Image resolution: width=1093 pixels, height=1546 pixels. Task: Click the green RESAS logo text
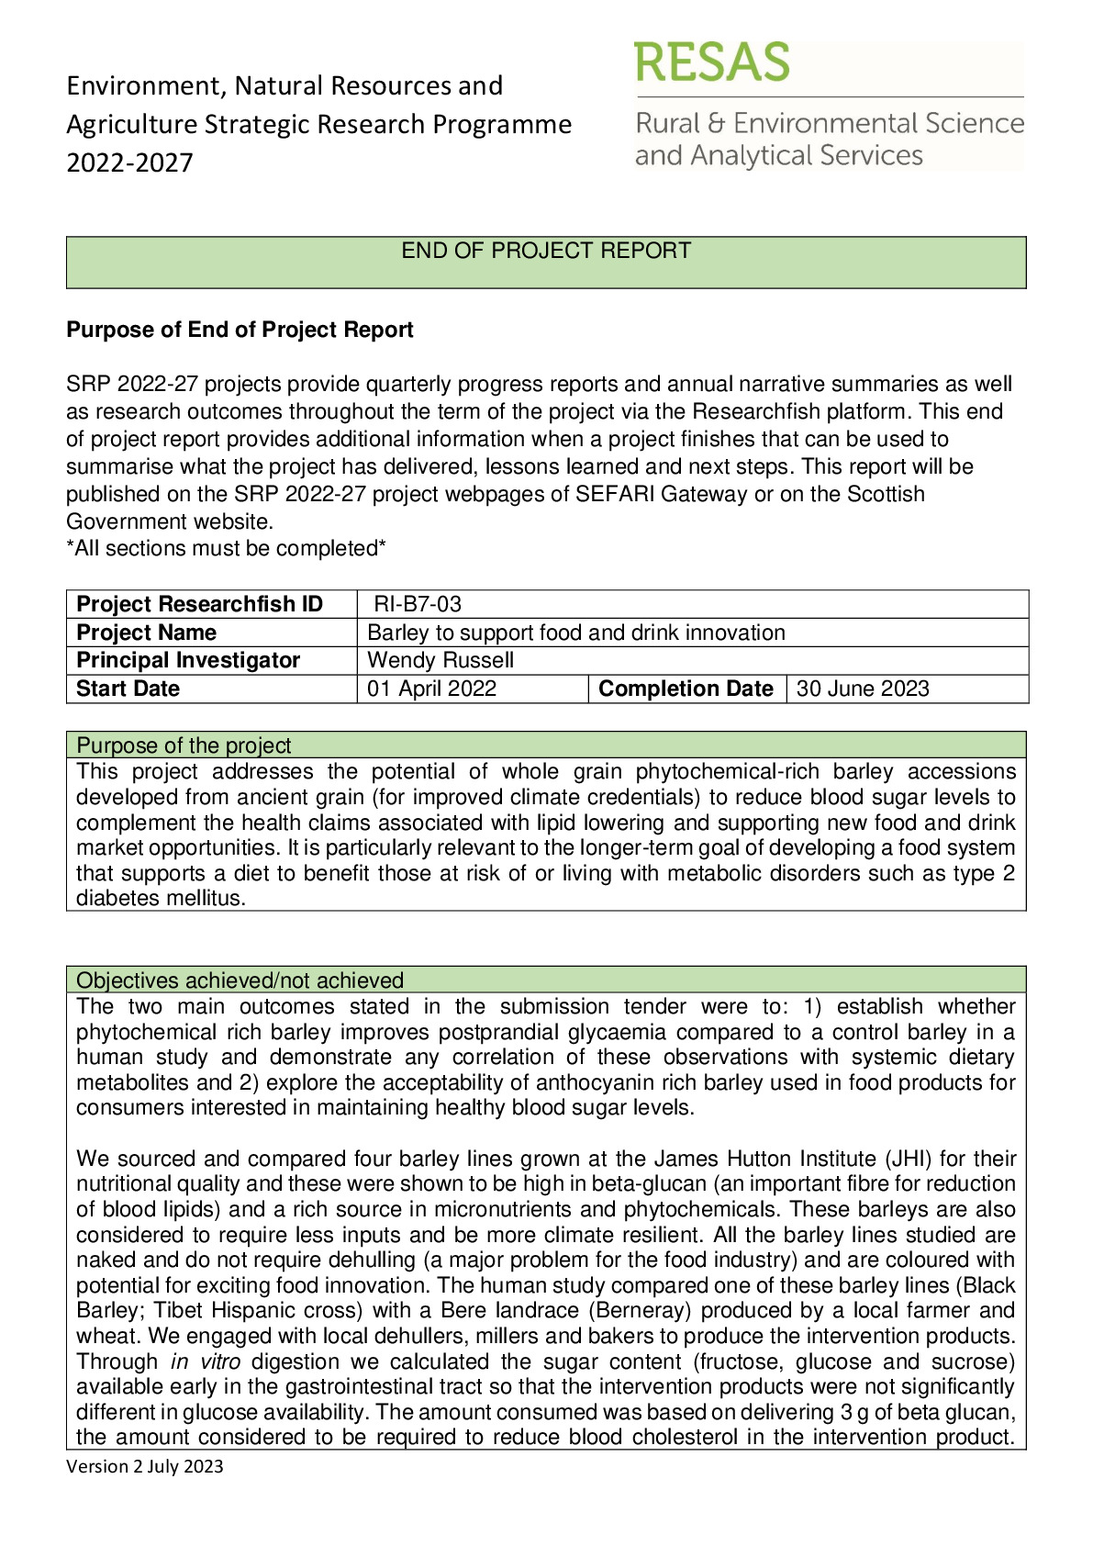(x=711, y=62)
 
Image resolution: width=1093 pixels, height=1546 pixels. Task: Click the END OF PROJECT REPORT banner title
(x=546, y=251)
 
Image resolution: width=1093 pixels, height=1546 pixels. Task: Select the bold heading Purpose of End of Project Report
(x=240, y=330)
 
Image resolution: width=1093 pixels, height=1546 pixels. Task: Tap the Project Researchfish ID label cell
(x=199, y=604)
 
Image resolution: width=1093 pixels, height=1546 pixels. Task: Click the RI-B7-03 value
(x=418, y=604)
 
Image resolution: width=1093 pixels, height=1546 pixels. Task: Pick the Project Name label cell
(x=146, y=633)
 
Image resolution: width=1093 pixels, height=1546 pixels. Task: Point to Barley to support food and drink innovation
(x=575, y=633)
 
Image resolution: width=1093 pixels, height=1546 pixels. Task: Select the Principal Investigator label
(x=188, y=660)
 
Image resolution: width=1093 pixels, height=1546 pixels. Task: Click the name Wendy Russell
(x=441, y=660)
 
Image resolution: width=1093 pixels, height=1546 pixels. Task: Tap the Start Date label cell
(x=128, y=689)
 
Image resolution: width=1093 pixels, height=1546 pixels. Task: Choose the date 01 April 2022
(x=431, y=689)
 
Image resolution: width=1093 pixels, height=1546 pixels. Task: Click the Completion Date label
(x=686, y=689)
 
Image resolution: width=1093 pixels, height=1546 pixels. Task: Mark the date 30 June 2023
(x=863, y=689)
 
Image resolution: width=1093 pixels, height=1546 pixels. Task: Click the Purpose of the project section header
(x=184, y=745)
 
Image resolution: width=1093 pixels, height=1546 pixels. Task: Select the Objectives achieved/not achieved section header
(x=240, y=980)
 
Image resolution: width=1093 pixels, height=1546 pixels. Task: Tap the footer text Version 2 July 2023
(x=145, y=1466)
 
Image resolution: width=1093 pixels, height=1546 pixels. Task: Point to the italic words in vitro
(x=206, y=1361)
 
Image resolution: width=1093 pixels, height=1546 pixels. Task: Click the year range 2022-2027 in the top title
(x=129, y=162)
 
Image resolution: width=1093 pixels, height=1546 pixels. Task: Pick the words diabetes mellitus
(x=161, y=898)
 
